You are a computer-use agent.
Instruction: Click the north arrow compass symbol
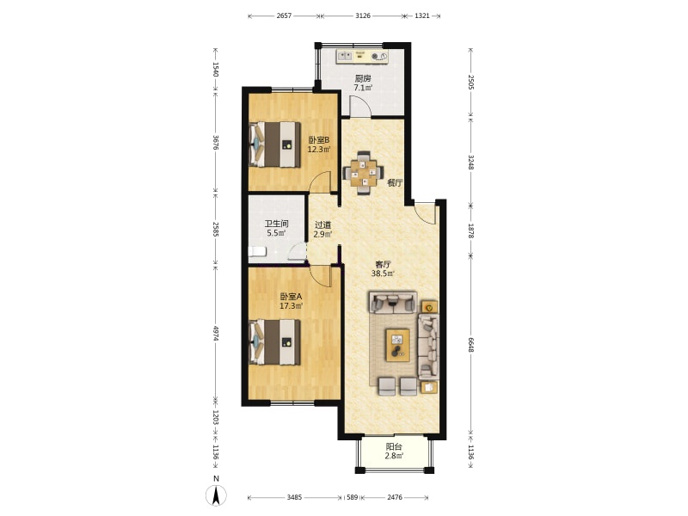click(216, 495)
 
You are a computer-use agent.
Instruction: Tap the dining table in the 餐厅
click(363, 173)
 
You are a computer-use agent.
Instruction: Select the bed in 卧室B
click(274, 144)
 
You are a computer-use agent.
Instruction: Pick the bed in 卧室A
click(274, 342)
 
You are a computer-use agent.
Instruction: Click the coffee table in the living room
click(398, 345)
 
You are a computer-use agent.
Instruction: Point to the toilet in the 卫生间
click(257, 252)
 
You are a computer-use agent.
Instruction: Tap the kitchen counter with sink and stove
click(362, 57)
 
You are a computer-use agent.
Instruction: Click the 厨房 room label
click(363, 78)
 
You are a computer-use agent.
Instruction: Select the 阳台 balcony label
click(394, 446)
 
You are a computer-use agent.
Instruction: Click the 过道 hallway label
click(322, 225)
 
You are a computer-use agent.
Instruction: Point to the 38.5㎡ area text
click(383, 273)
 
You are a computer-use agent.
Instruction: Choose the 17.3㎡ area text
click(292, 306)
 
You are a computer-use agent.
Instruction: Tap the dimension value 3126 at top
click(363, 15)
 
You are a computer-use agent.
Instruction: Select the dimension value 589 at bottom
click(353, 497)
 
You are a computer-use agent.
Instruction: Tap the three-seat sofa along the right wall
click(428, 347)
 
